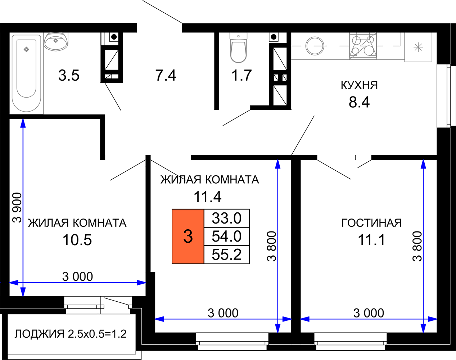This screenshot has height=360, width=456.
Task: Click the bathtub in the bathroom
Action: point(27,73)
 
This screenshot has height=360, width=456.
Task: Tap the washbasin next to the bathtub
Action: point(56,41)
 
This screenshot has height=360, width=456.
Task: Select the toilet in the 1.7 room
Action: point(239,48)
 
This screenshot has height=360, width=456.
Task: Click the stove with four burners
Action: point(363,46)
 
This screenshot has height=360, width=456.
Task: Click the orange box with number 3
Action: point(188,237)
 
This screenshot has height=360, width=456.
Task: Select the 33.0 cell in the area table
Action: point(227,218)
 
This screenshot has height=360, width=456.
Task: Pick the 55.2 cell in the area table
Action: point(227,255)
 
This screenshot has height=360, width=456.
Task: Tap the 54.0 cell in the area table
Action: point(227,237)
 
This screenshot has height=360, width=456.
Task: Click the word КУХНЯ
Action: point(360,85)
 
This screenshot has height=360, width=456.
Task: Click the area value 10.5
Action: point(77,240)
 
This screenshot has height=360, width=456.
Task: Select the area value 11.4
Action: point(208,197)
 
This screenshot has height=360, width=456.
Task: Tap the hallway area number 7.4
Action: point(166,75)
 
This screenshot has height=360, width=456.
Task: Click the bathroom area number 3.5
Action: point(69,75)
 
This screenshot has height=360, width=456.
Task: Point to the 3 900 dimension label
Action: point(17,208)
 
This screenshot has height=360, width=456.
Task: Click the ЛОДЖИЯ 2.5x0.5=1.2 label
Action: point(70,334)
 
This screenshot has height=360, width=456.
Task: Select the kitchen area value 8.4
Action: point(360,102)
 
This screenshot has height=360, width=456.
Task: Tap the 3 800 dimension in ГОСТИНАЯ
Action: point(417,246)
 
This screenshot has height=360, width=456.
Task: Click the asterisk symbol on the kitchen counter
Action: point(418,47)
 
